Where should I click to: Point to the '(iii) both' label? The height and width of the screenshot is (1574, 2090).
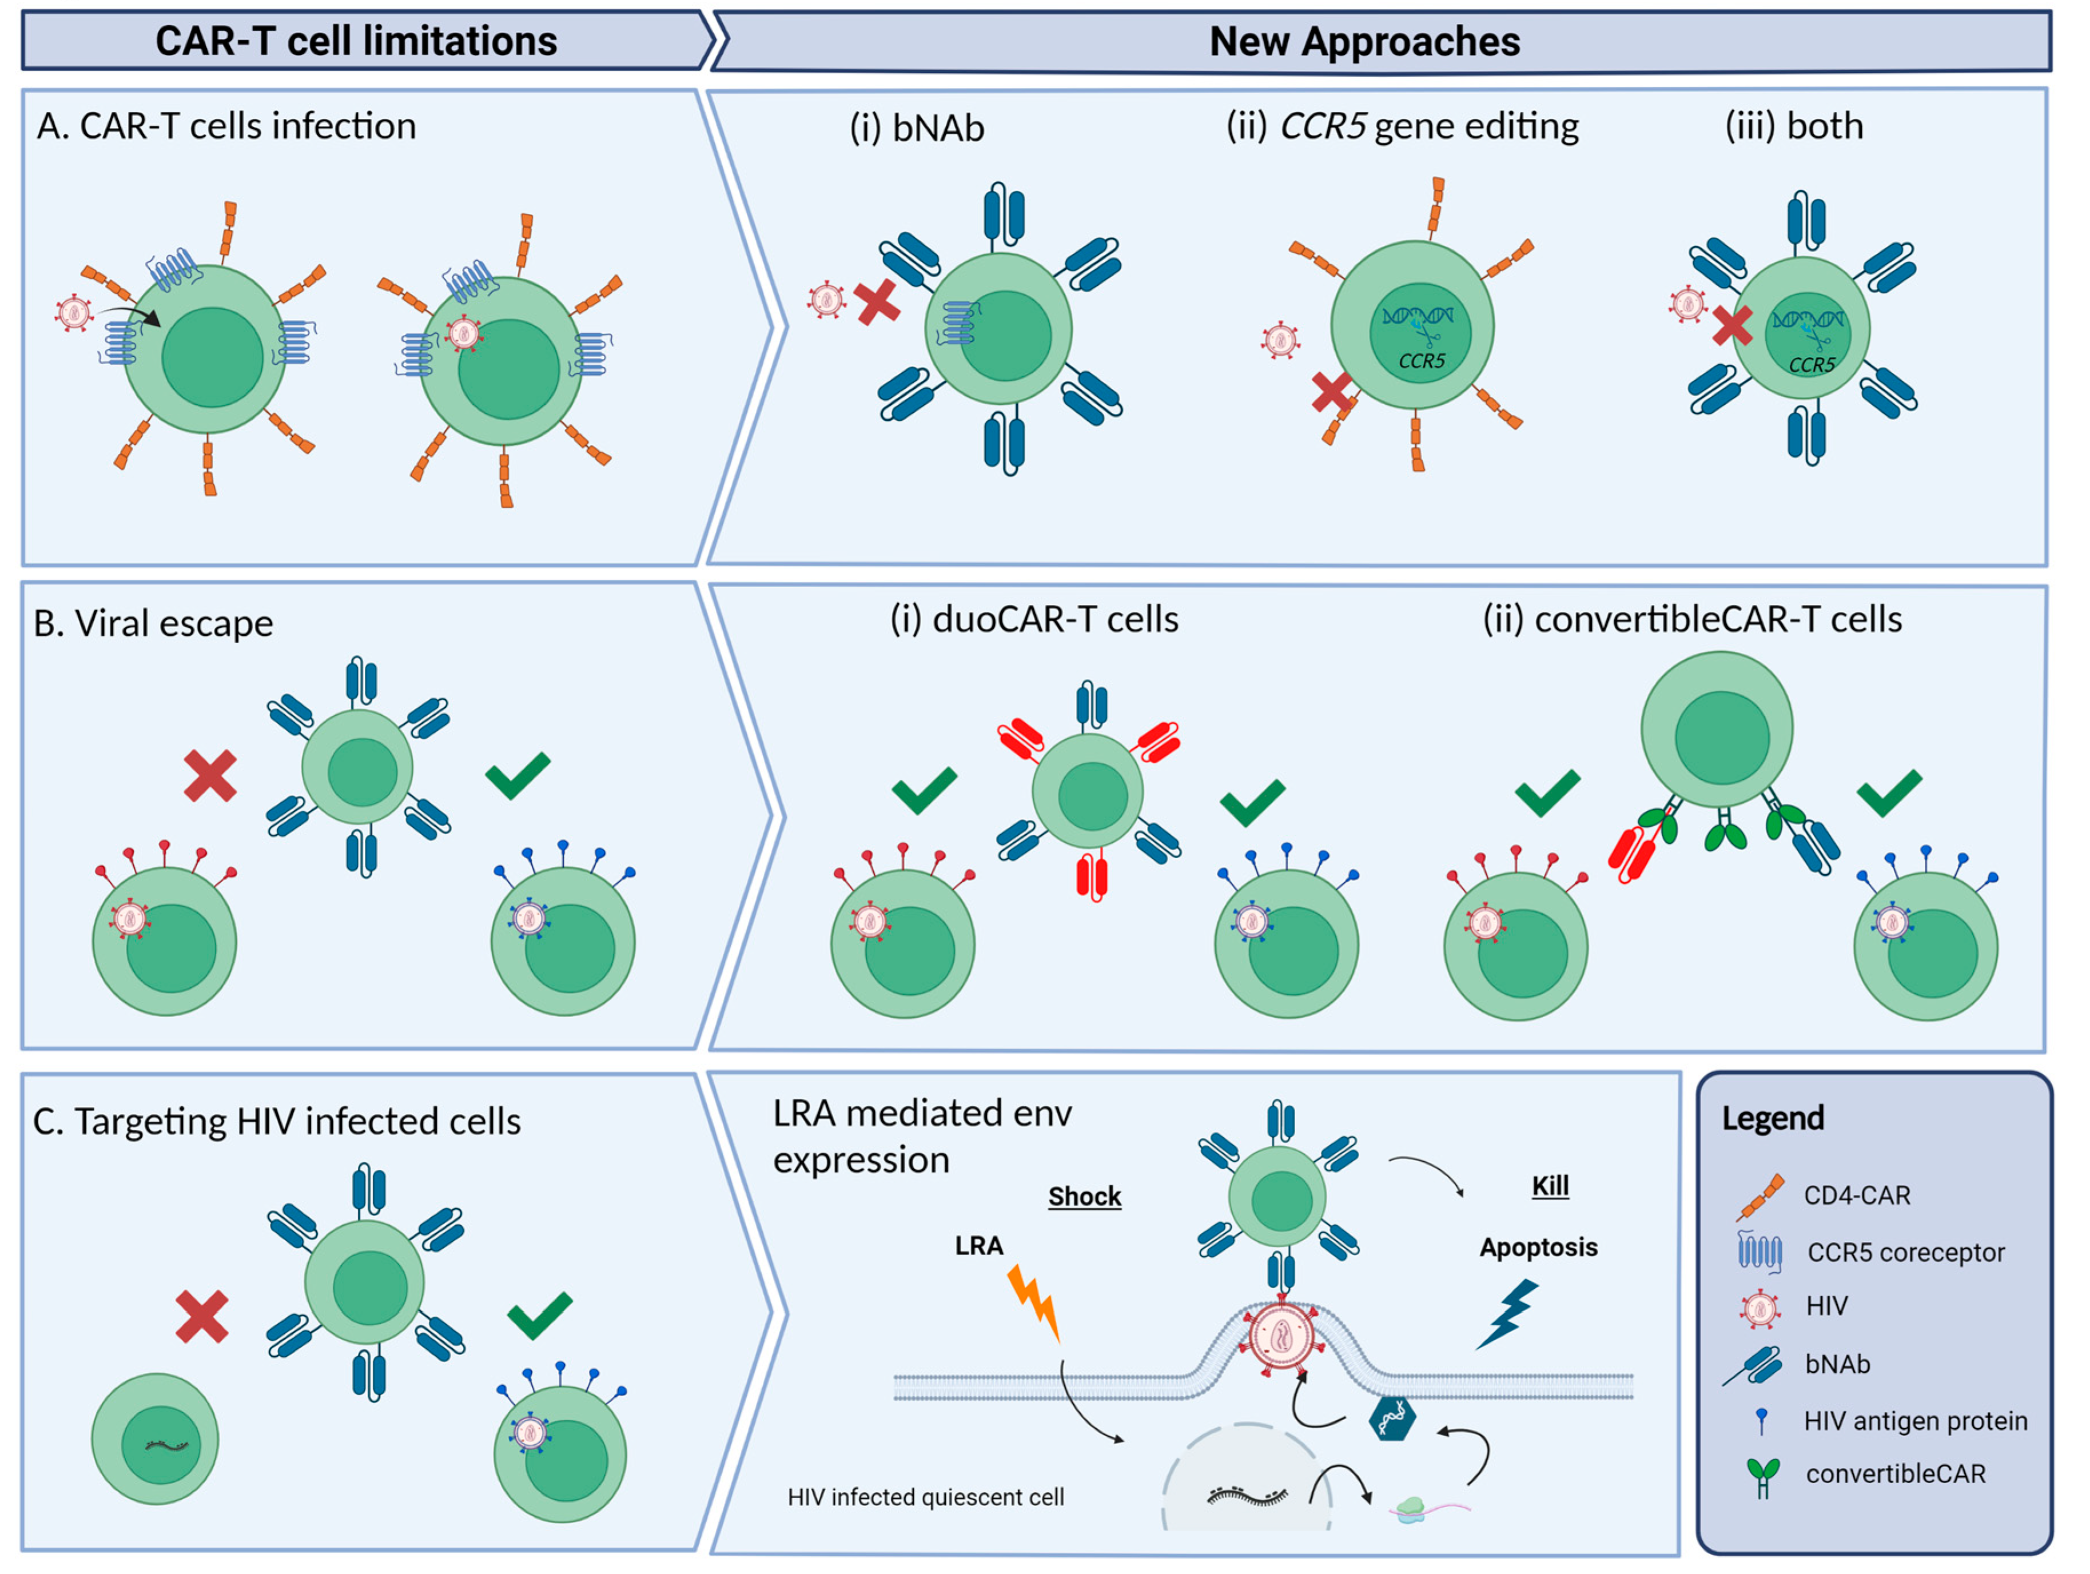point(1793,126)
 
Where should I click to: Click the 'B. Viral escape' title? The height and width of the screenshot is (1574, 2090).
point(154,624)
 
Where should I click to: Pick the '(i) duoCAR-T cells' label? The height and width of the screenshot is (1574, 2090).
point(1034,620)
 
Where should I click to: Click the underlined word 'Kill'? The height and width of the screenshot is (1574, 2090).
point(1550,1186)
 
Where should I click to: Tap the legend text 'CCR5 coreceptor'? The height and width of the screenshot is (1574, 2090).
point(1905,1253)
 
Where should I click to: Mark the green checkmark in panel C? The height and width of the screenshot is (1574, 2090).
point(539,1314)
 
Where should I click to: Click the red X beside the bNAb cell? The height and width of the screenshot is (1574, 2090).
point(877,302)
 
